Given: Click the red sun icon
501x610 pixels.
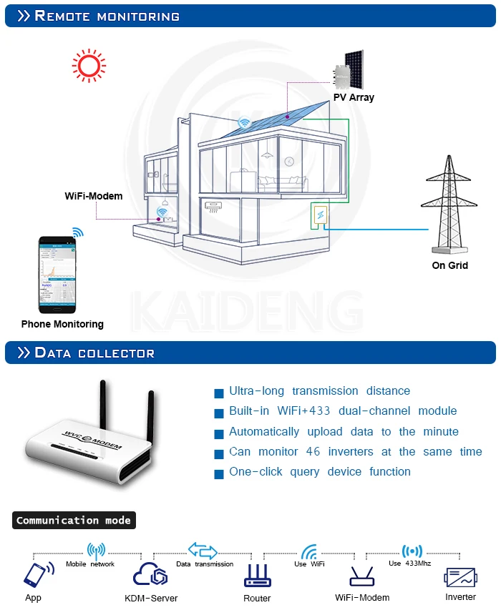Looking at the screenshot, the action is click(x=89, y=65).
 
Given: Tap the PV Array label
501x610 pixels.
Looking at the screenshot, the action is click(x=354, y=97).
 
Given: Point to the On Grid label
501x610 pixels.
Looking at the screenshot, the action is click(x=449, y=265).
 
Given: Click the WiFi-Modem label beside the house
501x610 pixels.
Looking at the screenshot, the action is click(x=94, y=196).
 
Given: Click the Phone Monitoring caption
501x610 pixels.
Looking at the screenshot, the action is click(x=62, y=324).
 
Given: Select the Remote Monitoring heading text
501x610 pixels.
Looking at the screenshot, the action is click(x=107, y=16).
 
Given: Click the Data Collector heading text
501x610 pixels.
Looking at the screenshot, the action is click(x=94, y=353).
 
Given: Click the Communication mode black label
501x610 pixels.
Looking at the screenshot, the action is click(x=74, y=521).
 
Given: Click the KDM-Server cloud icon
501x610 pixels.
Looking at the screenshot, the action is click(x=150, y=574).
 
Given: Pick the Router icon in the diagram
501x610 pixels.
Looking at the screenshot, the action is click(x=257, y=575).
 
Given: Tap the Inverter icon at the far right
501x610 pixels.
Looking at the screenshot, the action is click(x=460, y=576).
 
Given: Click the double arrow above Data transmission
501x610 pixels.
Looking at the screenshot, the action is click(x=203, y=550).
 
